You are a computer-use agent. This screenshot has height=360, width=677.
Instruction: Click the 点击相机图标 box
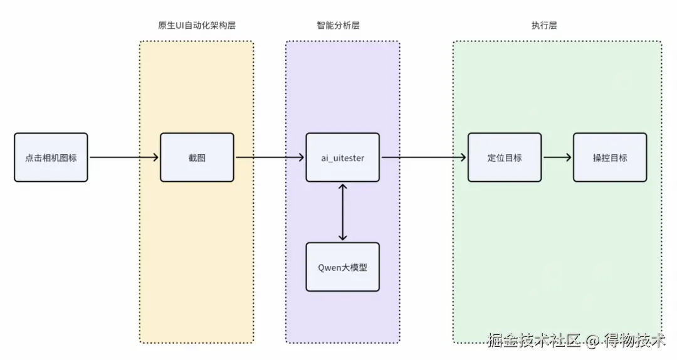pos(51,157)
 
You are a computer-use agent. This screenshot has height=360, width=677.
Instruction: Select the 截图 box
pos(197,157)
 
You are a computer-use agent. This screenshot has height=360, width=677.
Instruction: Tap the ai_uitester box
pos(342,157)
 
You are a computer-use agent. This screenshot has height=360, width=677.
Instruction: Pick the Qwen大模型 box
pos(342,267)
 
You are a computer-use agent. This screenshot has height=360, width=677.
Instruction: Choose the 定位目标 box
pos(504,157)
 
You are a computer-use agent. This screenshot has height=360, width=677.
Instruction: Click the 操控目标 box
pos(610,157)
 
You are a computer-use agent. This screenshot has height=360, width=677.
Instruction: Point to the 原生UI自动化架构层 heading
pos(197,26)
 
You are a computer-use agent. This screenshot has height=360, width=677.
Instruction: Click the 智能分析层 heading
pos(338,26)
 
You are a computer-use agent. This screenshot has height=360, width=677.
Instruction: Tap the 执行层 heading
pos(544,26)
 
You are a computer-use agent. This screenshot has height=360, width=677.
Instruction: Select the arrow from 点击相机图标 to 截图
pos(124,157)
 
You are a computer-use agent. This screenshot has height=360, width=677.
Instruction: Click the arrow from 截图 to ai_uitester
pos(270,157)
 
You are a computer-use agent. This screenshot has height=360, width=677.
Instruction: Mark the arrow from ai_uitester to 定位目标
pos(424,157)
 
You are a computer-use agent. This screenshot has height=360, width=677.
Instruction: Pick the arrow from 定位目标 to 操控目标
pos(557,157)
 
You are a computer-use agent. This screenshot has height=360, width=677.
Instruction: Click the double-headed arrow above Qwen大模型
pos(342,212)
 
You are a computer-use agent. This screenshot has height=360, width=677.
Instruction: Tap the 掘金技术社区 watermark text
pos(533,341)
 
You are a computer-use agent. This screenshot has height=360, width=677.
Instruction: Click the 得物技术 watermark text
pos(634,341)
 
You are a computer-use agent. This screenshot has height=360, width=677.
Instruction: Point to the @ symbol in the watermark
pos(592,341)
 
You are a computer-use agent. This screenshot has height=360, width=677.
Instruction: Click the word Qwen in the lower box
pos(330,268)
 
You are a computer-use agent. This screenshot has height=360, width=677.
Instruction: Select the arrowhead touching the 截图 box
pos(156,157)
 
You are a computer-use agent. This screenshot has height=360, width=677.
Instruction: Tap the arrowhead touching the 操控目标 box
pos(569,157)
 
